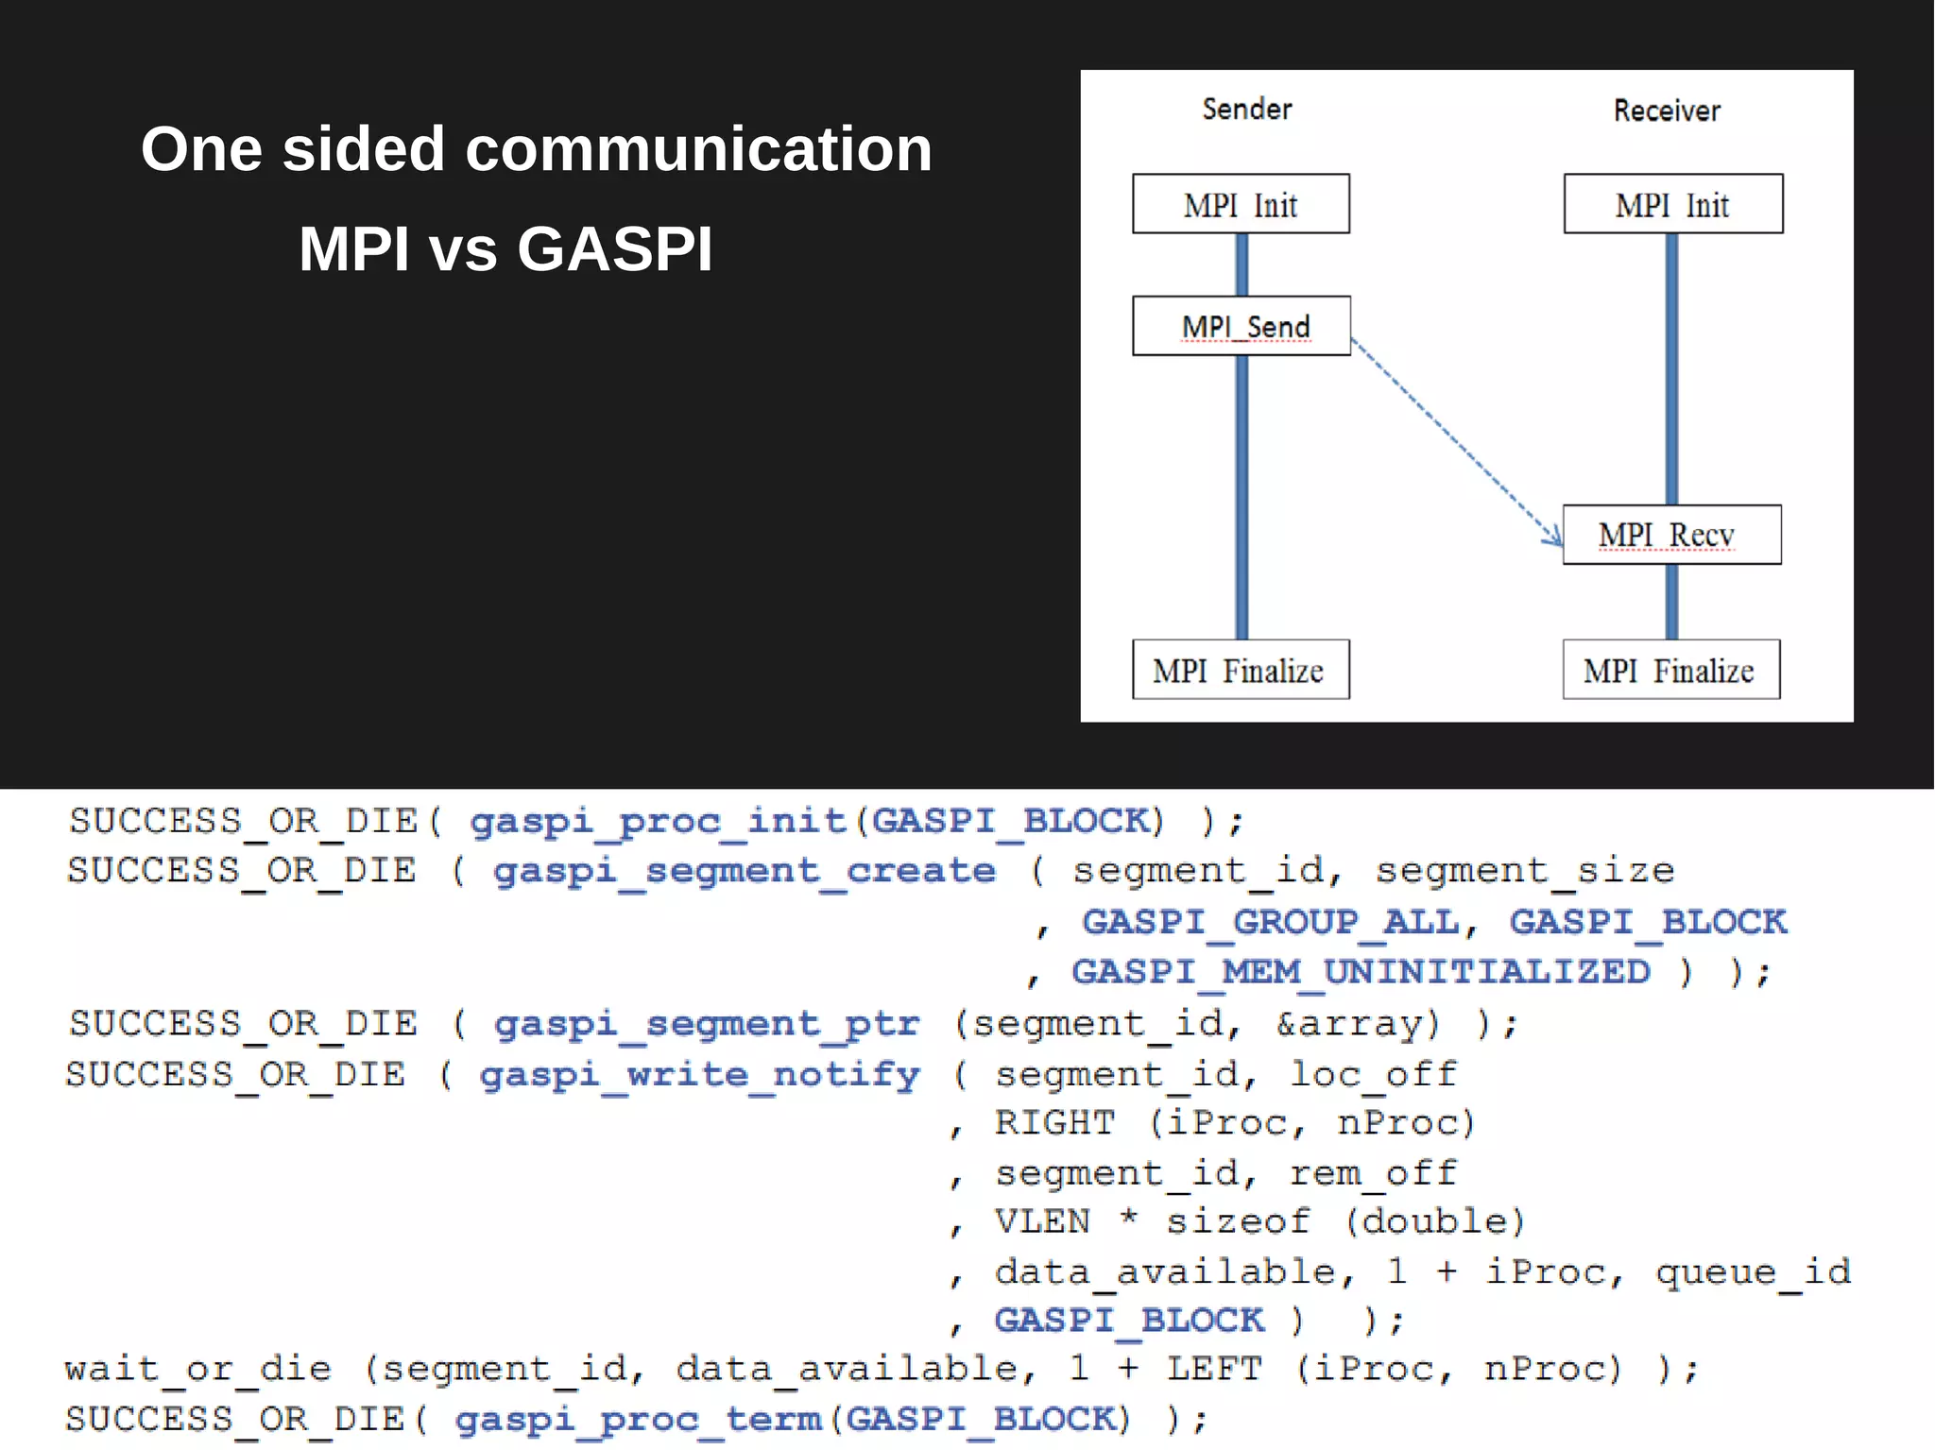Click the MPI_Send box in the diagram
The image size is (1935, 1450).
pos(1241,326)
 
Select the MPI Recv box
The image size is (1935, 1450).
pos(1671,535)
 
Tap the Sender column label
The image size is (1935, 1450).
pos(1246,110)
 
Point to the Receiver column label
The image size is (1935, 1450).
pos(1667,111)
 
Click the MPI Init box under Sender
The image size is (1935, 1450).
pos(1241,204)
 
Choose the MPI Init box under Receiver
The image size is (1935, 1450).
pos(1672,204)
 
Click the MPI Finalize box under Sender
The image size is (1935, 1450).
pos(1241,670)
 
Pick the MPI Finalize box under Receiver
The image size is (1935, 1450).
pos(1670,670)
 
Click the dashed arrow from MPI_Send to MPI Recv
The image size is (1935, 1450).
pos(1455,440)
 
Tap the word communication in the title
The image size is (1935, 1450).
pos(698,149)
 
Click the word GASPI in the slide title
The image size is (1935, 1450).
pos(614,249)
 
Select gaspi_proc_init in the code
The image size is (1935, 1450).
pos(659,820)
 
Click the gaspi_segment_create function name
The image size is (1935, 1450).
pos(745,870)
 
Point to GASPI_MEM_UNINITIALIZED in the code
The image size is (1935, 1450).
pos(1361,971)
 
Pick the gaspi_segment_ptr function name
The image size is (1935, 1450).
pos(707,1023)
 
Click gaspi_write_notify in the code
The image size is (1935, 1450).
pos(699,1074)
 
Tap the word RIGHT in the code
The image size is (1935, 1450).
pos(1054,1123)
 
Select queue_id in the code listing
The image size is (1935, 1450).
pos(1753,1271)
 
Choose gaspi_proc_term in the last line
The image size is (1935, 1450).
pos(638,1419)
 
